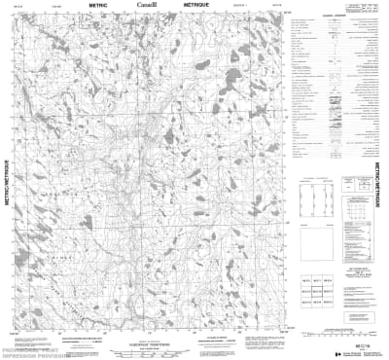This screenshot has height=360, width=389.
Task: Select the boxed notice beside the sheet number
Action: click(321, 341)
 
